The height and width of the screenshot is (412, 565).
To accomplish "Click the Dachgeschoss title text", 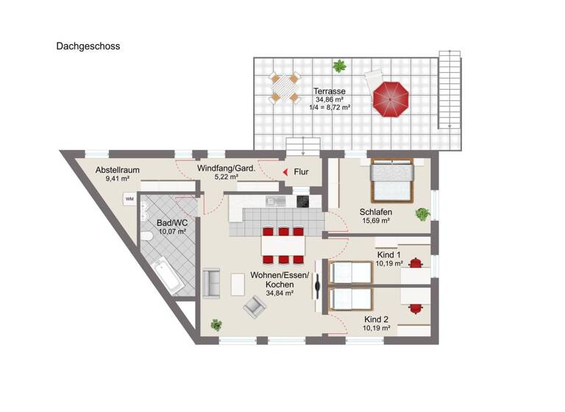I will click(x=88, y=46).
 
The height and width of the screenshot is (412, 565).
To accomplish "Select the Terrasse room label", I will click(x=330, y=91).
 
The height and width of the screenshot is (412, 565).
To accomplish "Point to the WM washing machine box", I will click(x=129, y=199).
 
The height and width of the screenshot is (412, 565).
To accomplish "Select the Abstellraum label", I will click(x=118, y=171).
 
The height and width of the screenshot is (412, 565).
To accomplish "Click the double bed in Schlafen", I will click(x=393, y=180).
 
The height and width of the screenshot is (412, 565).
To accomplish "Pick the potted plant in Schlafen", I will click(x=422, y=214).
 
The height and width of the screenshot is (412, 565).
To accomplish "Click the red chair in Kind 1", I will click(x=417, y=261).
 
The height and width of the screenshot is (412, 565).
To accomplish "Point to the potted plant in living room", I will click(x=216, y=324).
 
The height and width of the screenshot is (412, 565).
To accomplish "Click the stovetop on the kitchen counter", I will click(x=303, y=201).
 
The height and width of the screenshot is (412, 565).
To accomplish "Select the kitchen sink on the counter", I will click(x=271, y=200).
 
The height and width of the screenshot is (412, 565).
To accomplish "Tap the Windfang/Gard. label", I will click(x=226, y=168).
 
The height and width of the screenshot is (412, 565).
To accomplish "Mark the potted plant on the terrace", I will click(x=338, y=67).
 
